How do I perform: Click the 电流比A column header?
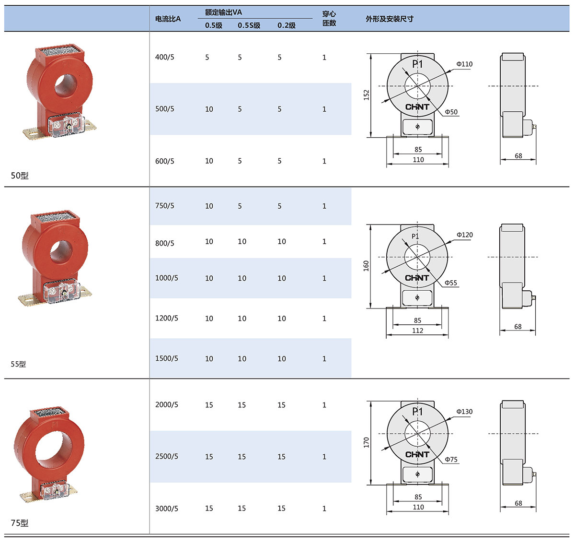click(168, 19)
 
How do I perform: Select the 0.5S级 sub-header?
click(249, 25)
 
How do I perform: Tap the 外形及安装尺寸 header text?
click(390, 19)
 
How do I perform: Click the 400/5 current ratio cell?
click(165, 57)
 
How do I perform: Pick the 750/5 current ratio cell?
click(165, 206)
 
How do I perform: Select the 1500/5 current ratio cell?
click(167, 358)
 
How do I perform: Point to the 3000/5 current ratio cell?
click(167, 508)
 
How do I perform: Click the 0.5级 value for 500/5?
click(209, 109)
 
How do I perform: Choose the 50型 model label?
click(20, 176)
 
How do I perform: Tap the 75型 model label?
click(20, 523)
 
